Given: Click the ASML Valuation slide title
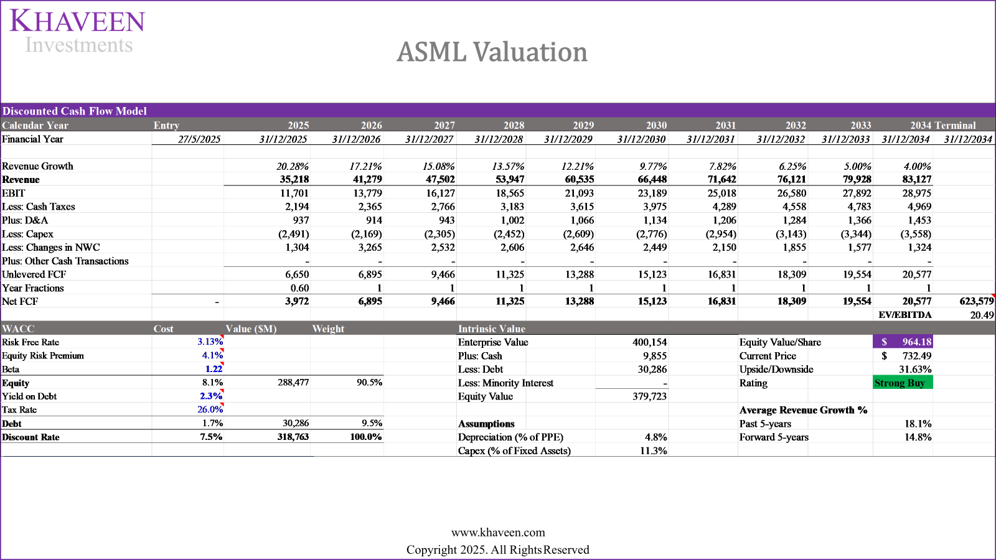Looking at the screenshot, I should (x=492, y=52).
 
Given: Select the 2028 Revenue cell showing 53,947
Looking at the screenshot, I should (x=509, y=179).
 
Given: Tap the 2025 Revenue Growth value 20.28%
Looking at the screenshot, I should (x=292, y=166).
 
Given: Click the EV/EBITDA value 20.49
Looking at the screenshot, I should (x=982, y=315).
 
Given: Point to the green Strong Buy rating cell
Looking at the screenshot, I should (x=902, y=383).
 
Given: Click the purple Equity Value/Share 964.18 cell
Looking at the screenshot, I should (x=902, y=342).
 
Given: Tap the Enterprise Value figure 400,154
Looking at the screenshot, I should (x=649, y=342).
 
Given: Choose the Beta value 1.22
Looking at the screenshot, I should (x=214, y=369).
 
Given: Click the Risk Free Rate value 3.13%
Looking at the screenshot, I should (x=210, y=342).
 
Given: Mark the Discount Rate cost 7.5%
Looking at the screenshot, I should (x=211, y=437).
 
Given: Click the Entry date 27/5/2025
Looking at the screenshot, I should (x=199, y=139).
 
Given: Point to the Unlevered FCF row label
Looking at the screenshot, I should (x=34, y=274).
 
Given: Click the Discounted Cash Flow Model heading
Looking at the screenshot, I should (x=75, y=111).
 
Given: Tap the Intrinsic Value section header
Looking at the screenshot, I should (x=491, y=329).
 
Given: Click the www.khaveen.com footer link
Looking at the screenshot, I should (x=497, y=533).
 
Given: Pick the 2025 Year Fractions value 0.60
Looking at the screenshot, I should (x=299, y=288).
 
